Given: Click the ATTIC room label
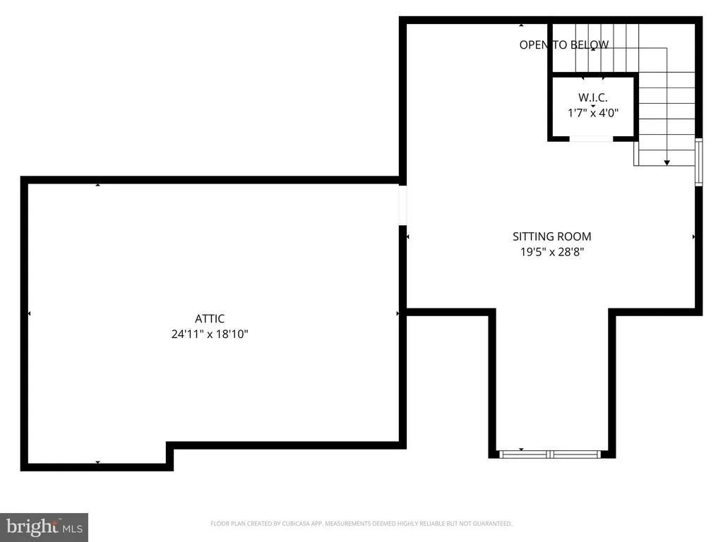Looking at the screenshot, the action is point(209,318).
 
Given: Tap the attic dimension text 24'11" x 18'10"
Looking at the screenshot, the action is point(210,334).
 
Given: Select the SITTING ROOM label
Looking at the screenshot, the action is point(552,236).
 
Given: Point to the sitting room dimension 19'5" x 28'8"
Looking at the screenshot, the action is point(552,252).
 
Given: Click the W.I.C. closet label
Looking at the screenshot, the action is point(593,97).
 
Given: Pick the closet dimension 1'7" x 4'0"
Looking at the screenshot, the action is point(593,112).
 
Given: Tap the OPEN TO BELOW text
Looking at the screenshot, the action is point(564,44).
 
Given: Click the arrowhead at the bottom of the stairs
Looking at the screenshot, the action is point(667,163).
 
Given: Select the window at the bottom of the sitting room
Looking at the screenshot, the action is point(551,454).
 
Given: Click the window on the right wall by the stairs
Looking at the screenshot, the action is point(698,162).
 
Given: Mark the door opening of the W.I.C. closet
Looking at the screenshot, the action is point(591,139).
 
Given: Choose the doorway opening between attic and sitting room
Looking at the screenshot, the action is point(402,205).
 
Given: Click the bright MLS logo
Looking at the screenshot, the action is point(44,527).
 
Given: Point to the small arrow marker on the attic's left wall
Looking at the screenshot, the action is point(29,313).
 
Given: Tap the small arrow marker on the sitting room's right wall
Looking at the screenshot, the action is point(694,236).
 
